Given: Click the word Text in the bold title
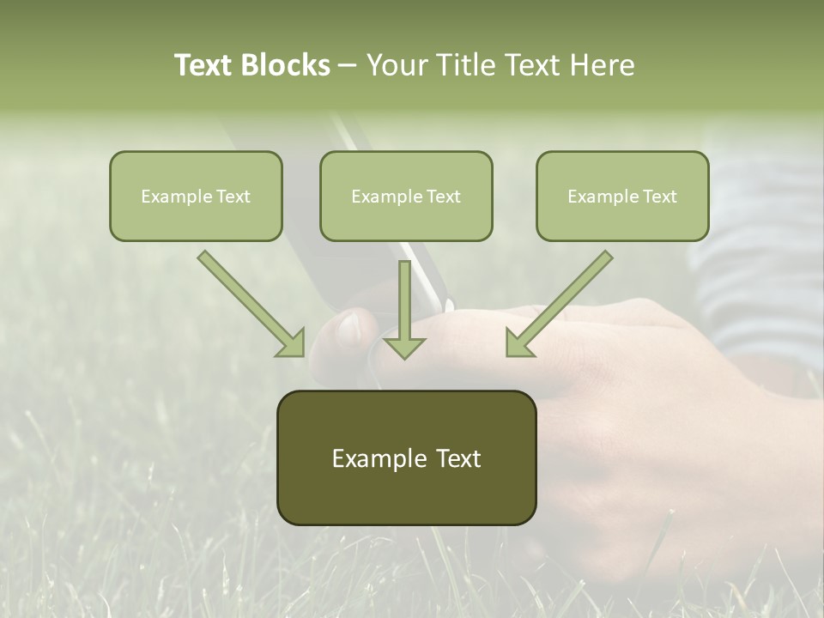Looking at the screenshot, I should coord(205,65).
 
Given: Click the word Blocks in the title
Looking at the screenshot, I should coord(287,65).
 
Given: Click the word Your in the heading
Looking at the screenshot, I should coord(394,65).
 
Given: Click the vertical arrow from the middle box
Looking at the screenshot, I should coord(403,300).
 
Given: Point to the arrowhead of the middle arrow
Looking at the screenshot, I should coord(403,347).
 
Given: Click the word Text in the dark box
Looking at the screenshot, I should coord(459,458).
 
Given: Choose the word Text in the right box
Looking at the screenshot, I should coord(659,197).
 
